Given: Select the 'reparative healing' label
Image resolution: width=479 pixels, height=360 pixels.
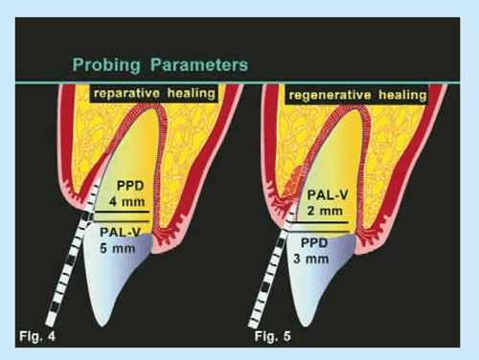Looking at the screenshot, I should coord(153,94).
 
